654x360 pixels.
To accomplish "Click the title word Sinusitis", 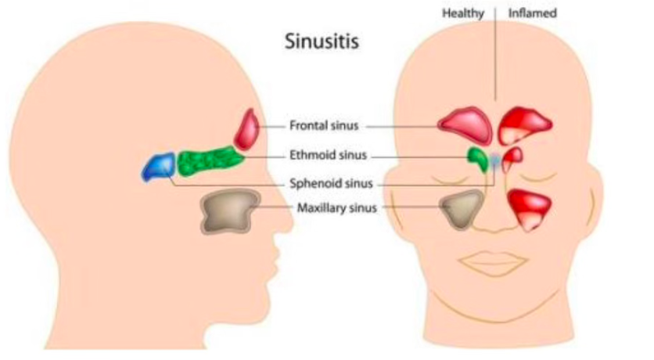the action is (x=322, y=41).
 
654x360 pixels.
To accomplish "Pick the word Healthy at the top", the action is (x=463, y=13).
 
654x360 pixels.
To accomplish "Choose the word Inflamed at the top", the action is (x=532, y=13).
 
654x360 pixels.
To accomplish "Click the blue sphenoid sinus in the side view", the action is (x=159, y=167).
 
